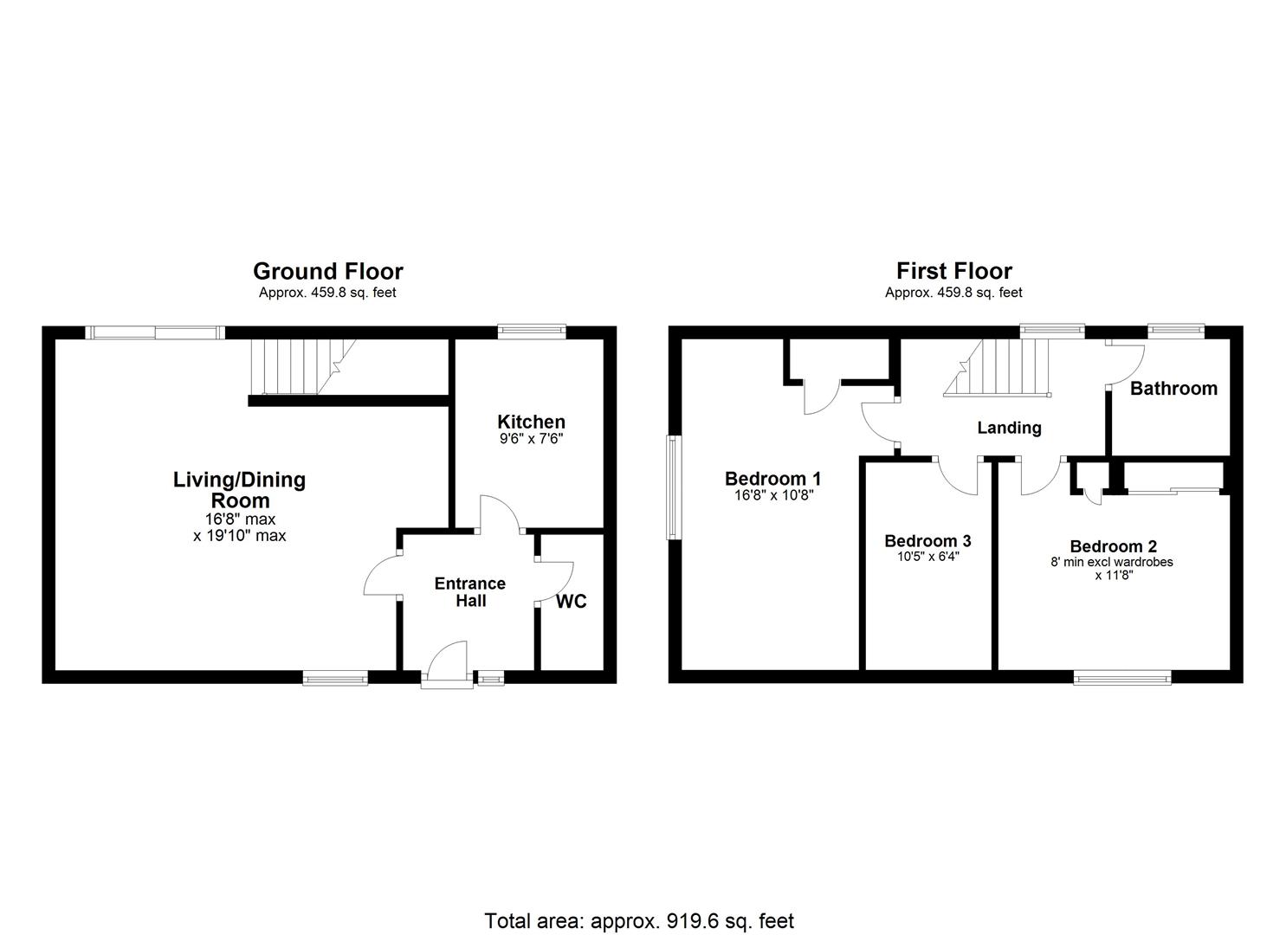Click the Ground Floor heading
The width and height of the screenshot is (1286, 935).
pos(327,271)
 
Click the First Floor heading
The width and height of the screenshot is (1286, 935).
pos(953,271)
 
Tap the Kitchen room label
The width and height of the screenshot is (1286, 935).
pos(531,422)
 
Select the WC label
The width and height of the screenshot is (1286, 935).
pos(571,601)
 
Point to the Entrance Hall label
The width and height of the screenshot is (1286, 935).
pos(469,592)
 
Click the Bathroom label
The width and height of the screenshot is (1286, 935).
pos(1173,389)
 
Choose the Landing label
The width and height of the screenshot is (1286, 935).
pos(1009,428)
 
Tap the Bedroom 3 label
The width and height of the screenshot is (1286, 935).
pos(927,541)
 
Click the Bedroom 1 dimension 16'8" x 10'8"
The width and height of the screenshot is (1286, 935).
pos(772,496)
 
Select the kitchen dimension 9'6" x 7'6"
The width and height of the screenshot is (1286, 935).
pos(531,439)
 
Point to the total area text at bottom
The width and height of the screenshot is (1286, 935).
pos(639,920)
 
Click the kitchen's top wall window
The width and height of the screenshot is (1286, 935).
pos(531,332)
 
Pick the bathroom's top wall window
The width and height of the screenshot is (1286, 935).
pos(1175,331)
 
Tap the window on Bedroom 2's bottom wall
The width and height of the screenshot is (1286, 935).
pos(1122,677)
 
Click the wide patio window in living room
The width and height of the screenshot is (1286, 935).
pos(155,332)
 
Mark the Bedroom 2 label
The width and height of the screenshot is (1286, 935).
pos(1113,546)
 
